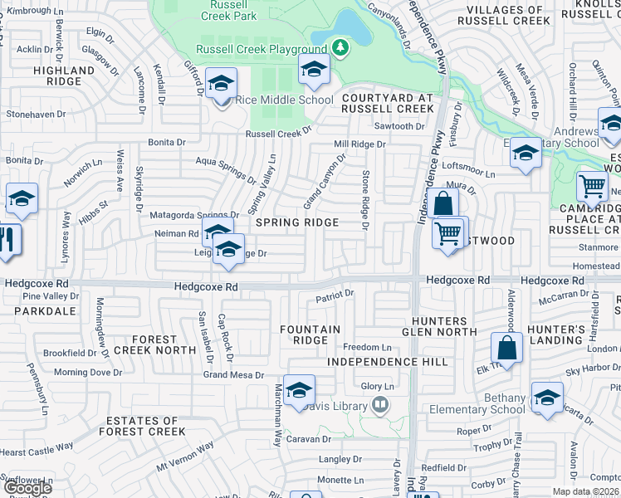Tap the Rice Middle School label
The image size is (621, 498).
(x=285, y=100)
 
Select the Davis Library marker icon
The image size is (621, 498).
(x=380, y=405)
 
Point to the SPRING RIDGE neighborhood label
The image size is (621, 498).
(x=296, y=222)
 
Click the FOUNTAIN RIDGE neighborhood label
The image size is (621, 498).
(x=310, y=335)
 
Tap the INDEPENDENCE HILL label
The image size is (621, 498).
(x=388, y=362)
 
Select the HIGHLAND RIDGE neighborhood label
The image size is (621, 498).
(x=64, y=77)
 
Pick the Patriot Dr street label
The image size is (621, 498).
(x=335, y=294)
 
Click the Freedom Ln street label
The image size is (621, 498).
(x=367, y=347)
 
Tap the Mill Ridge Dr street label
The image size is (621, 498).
(x=360, y=144)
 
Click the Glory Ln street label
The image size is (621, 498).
(x=377, y=386)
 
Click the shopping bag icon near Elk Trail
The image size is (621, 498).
(x=506, y=348)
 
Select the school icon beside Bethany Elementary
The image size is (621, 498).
(x=547, y=398)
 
